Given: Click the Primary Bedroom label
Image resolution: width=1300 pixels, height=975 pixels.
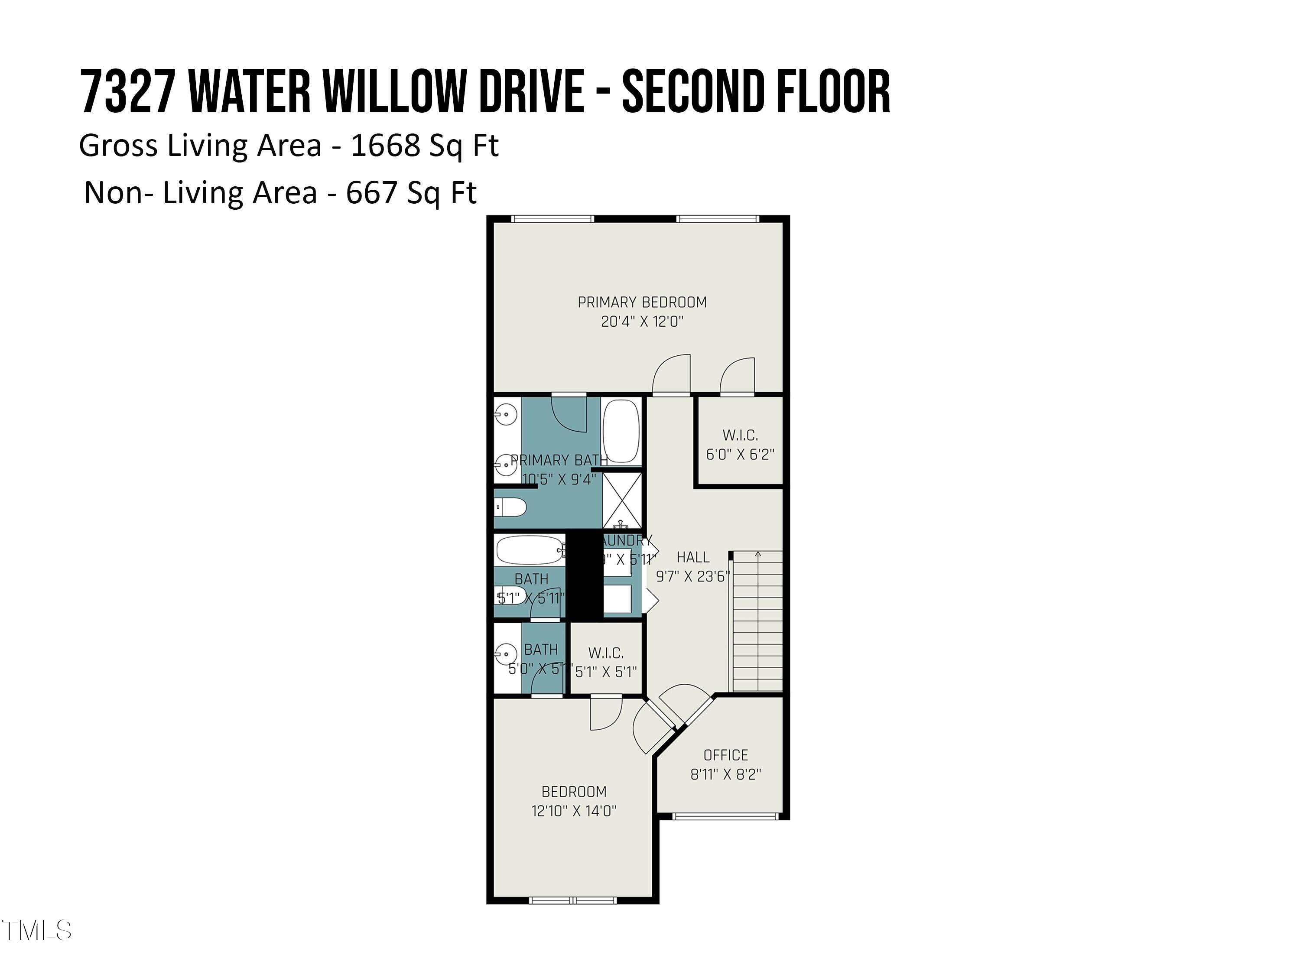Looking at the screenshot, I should (642, 302).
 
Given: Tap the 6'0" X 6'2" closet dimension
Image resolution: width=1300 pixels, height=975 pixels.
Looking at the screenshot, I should (740, 454).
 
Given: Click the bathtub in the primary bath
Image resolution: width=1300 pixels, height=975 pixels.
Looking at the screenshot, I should (621, 431).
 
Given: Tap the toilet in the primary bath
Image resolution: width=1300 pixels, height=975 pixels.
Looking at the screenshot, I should (509, 507).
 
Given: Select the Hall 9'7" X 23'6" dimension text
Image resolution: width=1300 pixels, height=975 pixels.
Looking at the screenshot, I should (693, 576).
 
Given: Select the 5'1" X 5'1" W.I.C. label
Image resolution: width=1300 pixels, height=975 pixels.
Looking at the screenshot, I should (606, 671).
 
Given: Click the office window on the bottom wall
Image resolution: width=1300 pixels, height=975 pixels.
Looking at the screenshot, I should (725, 816).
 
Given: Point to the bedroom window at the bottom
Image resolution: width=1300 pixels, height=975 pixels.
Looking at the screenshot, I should (573, 900).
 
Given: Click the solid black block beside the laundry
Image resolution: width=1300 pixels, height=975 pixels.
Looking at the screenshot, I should (584, 575).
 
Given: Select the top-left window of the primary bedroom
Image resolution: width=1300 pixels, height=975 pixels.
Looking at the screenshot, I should (552, 219).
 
